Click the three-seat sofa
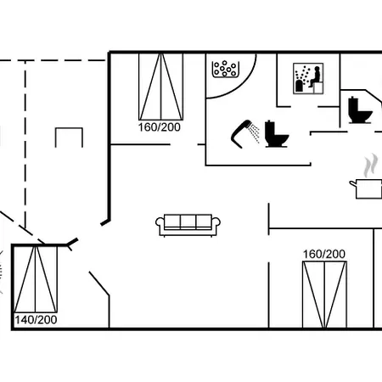point(188,225)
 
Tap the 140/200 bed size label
point(36,320)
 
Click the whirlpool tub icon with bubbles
point(225,69)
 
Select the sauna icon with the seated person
point(308,79)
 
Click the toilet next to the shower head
point(277,134)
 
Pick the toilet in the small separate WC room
point(360,110)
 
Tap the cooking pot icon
point(367,189)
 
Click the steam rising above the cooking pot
point(371,166)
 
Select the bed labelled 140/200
point(36,279)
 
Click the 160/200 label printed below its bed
point(160,127)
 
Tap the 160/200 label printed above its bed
point(324,254)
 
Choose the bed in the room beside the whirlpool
point(160,87)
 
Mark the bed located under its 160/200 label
point(324,295)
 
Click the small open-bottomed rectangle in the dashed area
point(69,128)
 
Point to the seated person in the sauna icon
point(315,76)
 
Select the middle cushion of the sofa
point(188,221)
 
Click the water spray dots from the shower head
point(256,133)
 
